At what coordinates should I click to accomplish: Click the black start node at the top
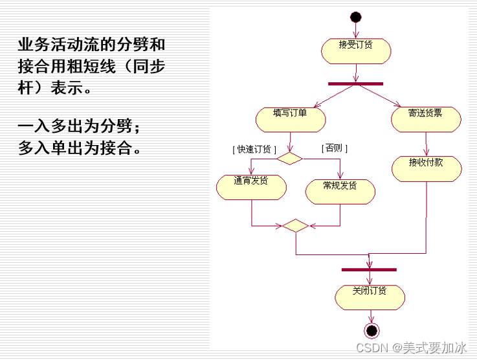[x=355, y=17]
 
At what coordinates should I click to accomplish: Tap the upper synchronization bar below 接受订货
[x=356, y=84]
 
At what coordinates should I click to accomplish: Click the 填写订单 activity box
[x=291, y=118]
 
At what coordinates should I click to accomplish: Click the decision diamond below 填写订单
[x=289, y=157]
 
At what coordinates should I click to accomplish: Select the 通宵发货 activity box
[x=251, y=186]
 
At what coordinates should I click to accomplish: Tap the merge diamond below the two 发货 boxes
[x=295, y=225]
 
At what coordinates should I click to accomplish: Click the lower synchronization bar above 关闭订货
[x=369, y=269]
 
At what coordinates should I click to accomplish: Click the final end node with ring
[x=372, y=331]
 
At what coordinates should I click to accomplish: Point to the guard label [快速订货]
[x=254, y=149]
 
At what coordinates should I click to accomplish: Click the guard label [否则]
[x=335, y=148]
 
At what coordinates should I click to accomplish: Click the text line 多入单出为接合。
[x=80, y=148]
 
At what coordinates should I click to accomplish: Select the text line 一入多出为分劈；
[x=79, y=126]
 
